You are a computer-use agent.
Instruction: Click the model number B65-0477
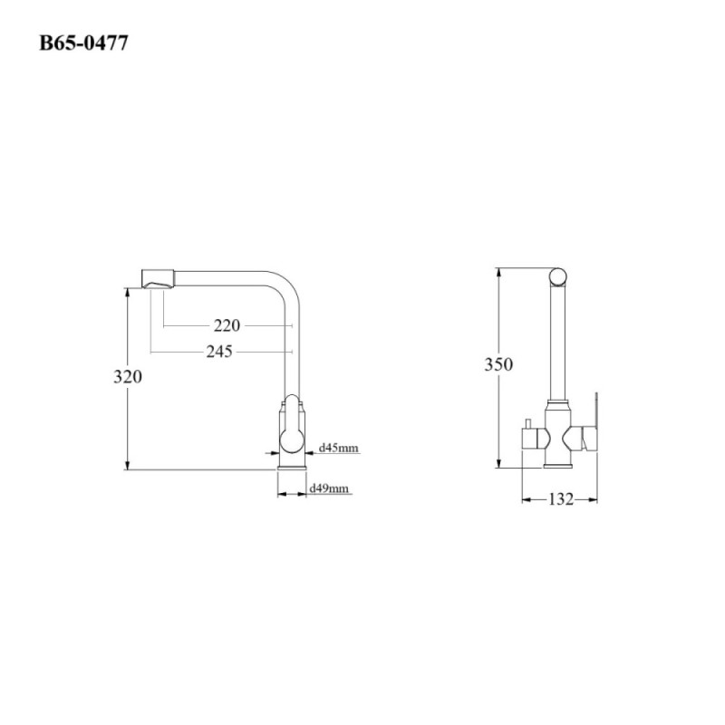pos(83,43)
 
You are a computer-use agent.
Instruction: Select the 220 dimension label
pos(227,325)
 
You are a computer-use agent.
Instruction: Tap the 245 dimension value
pos(219,352)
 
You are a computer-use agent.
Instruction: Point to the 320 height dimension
pos(128,377)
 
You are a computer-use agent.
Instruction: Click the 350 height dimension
pos(498,364)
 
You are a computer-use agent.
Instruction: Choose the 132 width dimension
pos(561,499)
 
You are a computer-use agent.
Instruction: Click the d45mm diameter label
pos(339,448)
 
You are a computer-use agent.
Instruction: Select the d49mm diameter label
pos(329,488)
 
